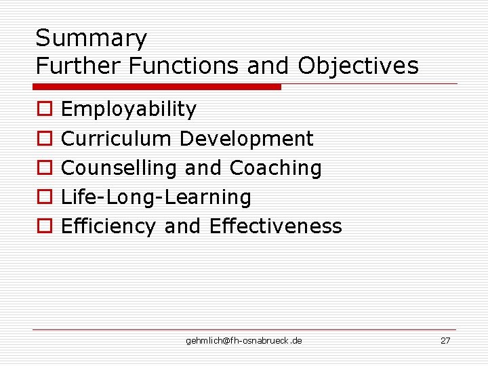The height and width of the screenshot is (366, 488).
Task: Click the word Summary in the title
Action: point(91,39)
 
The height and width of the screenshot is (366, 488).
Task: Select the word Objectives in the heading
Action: point(358,66)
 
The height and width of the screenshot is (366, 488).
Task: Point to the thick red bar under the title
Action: point(157,87)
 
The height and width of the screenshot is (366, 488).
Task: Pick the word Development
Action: point(246,139)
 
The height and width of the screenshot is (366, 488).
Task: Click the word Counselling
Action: point(119,168)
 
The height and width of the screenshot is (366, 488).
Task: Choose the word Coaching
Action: point(276,168)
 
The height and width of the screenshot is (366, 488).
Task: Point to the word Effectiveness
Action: point(276,226)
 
